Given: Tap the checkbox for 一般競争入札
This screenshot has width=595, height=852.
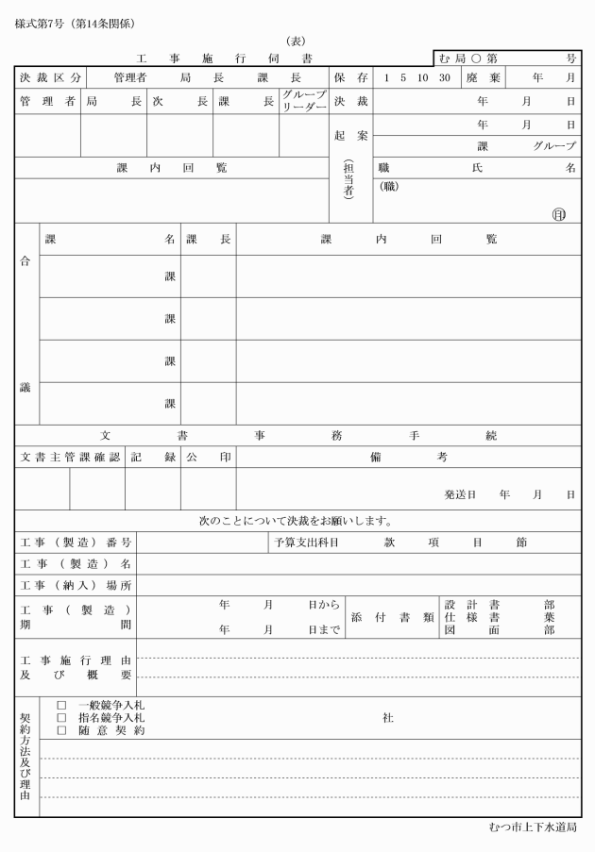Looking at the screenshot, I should pos(60,705).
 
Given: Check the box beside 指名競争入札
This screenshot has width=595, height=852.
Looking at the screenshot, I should pos(60,718).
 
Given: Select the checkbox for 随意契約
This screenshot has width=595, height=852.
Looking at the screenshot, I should pos(60,730).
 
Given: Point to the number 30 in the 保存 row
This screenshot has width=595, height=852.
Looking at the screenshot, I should pos(444,77).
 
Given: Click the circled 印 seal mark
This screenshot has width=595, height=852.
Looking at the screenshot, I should pos(559,214).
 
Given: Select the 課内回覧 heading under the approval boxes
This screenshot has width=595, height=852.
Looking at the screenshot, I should pos(171,168).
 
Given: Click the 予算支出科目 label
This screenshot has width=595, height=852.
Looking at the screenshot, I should pos(306,543).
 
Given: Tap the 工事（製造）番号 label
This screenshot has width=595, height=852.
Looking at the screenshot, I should pos(76,543).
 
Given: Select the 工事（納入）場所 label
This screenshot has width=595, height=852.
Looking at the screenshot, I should pos(76,585).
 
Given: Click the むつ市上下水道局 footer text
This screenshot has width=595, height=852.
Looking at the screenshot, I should pos(533,827).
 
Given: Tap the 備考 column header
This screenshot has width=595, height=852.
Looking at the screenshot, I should pos(408,458).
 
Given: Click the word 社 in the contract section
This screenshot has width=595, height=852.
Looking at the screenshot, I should pos(387,718).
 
